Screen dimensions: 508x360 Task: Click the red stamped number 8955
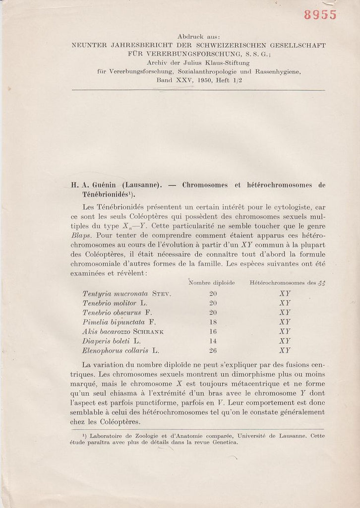[320, 15]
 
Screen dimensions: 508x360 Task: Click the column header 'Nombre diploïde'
[211, 283]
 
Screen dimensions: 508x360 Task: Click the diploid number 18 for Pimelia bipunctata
[213, 321]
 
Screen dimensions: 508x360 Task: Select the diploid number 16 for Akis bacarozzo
[213, 331]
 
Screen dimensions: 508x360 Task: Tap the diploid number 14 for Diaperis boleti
[213, 341]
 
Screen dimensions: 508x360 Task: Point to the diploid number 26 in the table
[213, 350]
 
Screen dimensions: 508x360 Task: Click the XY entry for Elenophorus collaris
[285, 350]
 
